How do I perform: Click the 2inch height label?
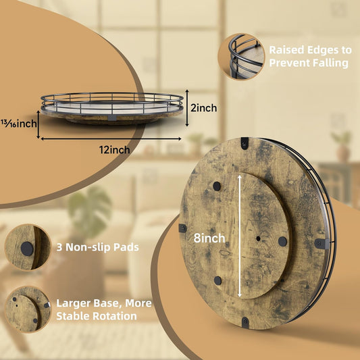point(204,108)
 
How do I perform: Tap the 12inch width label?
point(114,150)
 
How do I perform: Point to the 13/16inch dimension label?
point(19,124)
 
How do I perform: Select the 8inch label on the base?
point(209,238)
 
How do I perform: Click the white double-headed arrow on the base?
point(240,236)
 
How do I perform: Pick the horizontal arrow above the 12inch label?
point(111,138)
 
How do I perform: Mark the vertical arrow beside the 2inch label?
point(187,108)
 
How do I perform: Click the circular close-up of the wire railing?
point(241,57)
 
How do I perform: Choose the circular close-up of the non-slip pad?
point(28,247)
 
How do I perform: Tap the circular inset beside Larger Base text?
point(28,309)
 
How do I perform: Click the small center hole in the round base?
point(258,238)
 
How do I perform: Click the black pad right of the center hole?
point(282,242)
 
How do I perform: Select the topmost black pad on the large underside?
point(217,186)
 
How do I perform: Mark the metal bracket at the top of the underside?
point(245,143)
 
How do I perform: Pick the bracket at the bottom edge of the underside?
point(245,323)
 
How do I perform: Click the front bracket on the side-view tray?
point(112,118)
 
